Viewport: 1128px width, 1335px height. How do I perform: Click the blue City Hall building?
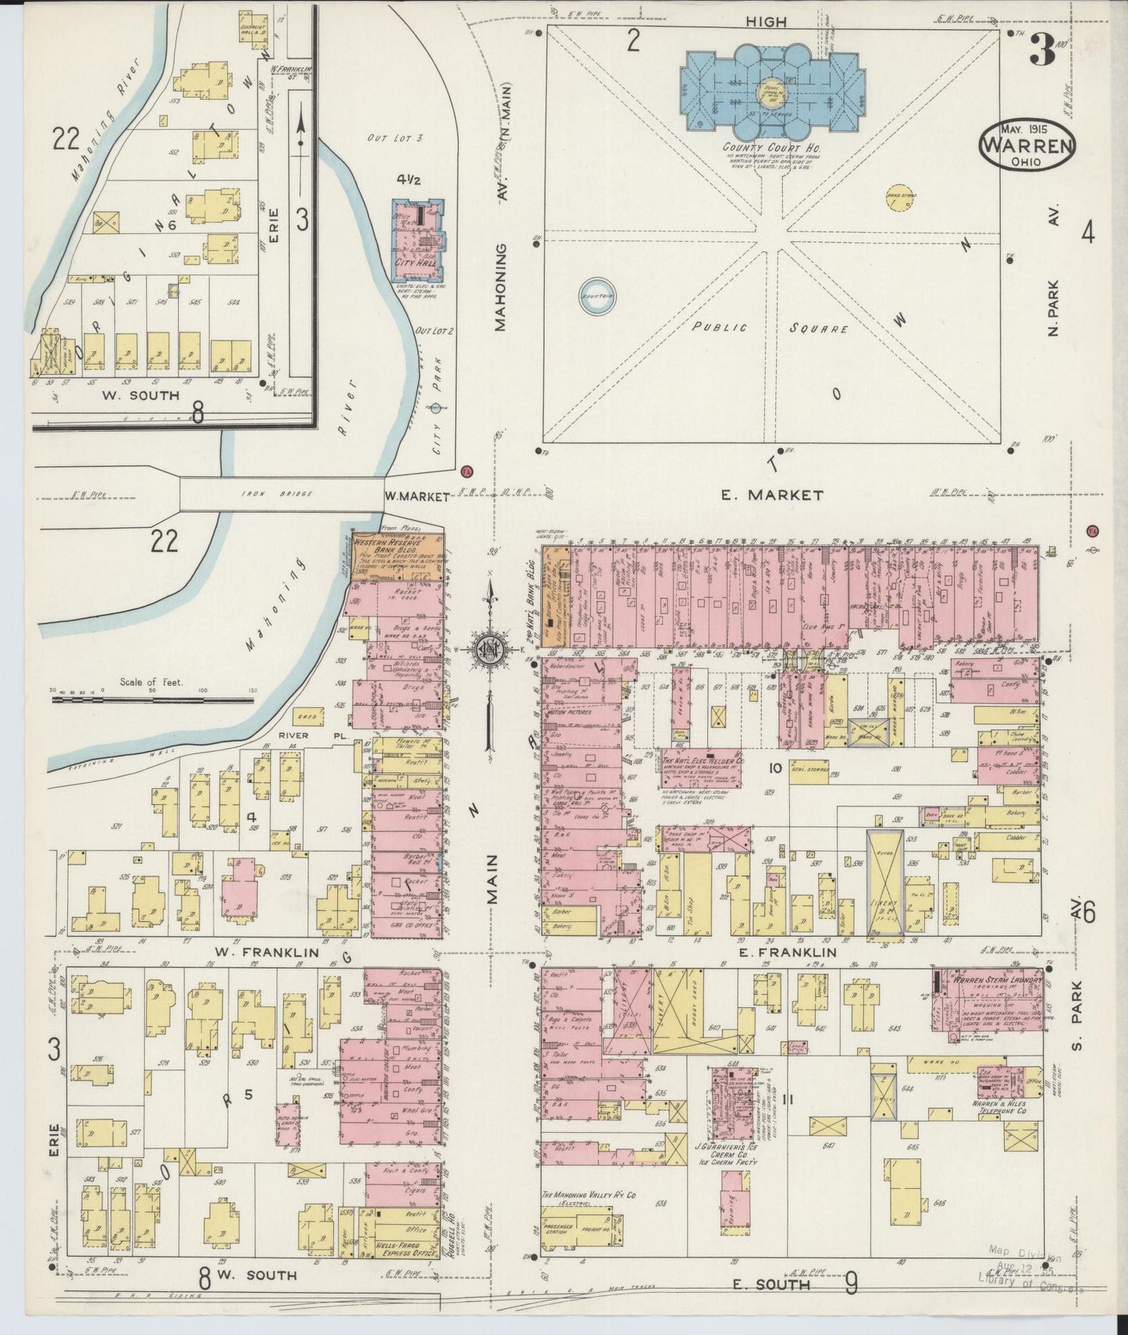tap(420, 241)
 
